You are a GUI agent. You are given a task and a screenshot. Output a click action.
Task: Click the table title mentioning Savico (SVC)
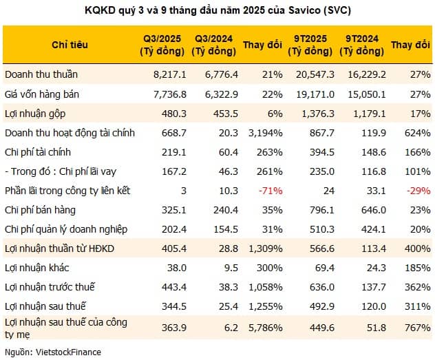[217, 10]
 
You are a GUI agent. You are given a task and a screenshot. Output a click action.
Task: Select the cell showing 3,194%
[266, 131]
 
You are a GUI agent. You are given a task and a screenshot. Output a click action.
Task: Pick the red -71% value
[271, 190]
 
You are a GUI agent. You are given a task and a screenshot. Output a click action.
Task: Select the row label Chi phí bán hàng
[39, 209]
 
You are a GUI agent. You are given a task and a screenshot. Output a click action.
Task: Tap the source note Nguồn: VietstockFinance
[52, 352]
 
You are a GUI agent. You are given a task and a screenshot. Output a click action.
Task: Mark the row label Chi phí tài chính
[37, 151]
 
